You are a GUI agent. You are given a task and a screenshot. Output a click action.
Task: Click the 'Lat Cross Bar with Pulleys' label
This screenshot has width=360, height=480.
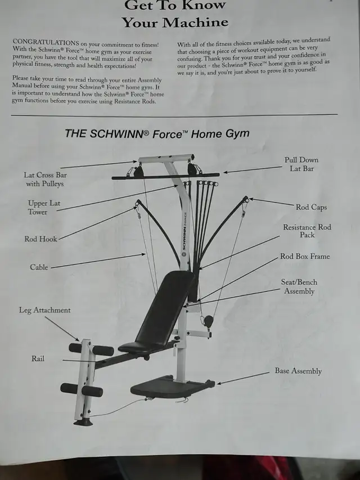point(45,180)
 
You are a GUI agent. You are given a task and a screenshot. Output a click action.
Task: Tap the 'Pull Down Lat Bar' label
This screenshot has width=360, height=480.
point(301,164)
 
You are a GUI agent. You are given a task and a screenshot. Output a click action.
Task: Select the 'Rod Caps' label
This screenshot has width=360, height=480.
point(311,207)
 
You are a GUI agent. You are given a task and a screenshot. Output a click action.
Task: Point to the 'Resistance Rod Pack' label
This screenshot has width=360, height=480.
point(307,231)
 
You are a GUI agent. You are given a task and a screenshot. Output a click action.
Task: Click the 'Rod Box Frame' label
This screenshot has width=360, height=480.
point(305,256)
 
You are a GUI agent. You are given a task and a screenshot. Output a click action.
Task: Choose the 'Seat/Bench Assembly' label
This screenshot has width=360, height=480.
point(299,286)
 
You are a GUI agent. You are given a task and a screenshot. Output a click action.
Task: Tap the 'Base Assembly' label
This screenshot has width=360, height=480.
point(298,371)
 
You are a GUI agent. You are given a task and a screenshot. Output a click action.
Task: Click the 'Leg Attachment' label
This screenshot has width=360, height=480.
point(44,310)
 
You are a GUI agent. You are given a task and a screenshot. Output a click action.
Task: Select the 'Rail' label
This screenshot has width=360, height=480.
point(38,358)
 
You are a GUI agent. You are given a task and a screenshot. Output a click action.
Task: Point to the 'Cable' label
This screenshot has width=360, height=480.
point(39,267)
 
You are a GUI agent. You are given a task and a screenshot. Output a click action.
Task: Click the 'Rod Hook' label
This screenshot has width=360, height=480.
point(40,239)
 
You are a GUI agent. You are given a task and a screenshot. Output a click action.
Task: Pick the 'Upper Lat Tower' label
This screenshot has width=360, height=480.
point(44,208)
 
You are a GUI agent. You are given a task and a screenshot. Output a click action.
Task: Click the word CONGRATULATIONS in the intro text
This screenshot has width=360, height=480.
point(46,42)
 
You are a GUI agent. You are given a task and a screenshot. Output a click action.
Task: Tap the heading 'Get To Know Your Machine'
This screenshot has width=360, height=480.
point(175,14)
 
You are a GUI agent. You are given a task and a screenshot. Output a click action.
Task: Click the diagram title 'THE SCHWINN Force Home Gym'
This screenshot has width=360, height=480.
point(157,134)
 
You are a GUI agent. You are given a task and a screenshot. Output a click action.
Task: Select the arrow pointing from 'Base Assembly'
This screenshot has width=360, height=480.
point(243,378)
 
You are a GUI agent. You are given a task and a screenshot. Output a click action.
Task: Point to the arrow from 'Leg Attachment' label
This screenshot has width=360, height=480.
point(62,329)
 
